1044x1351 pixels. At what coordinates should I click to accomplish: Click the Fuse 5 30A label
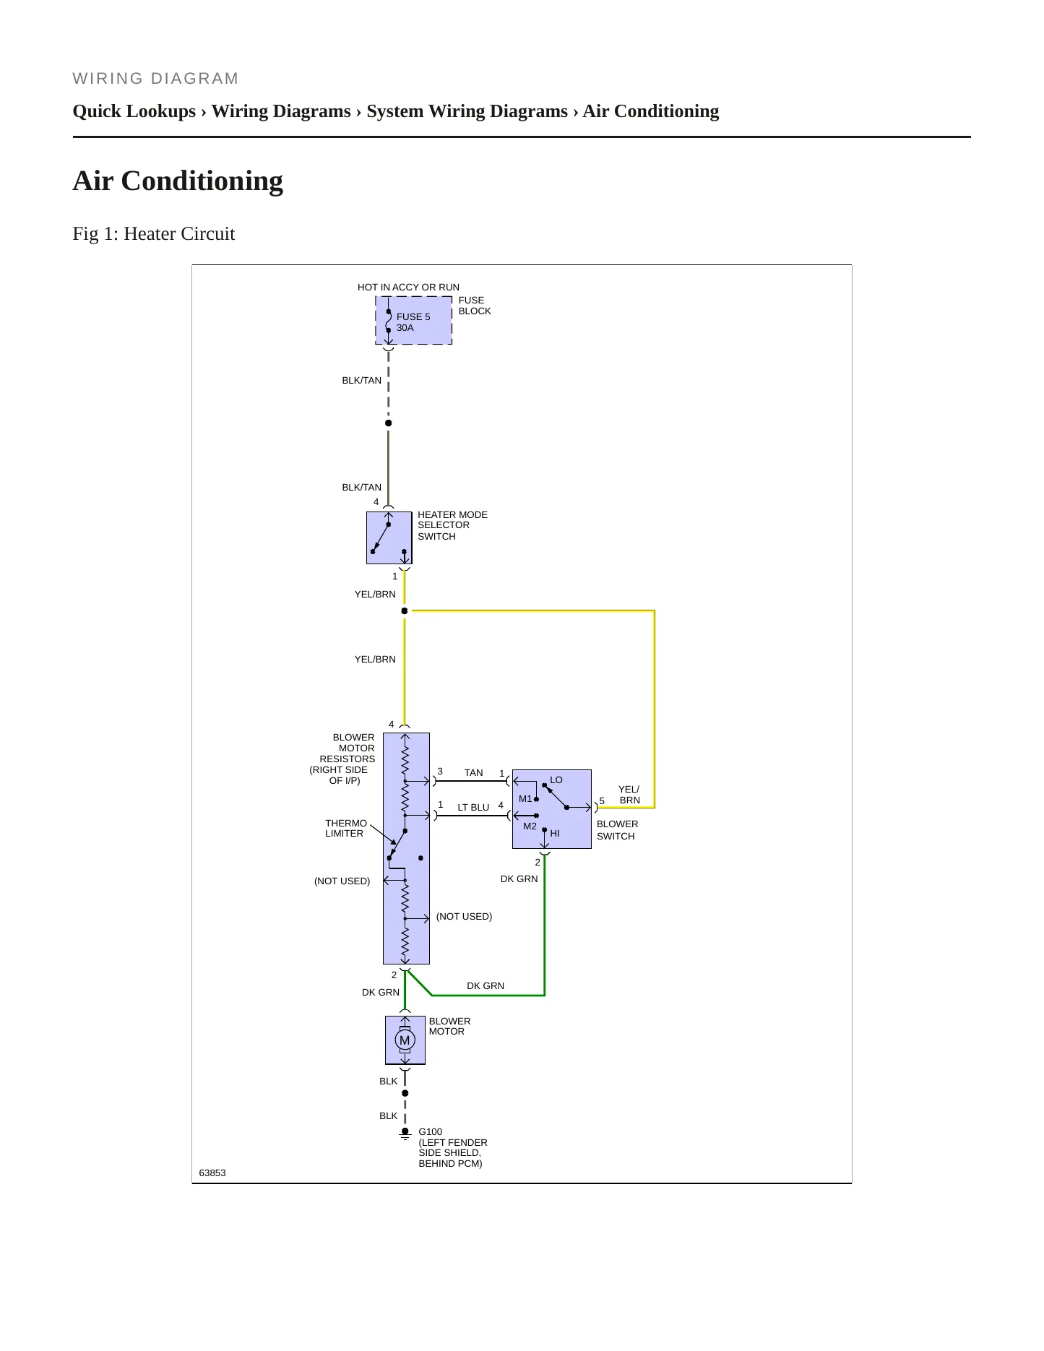pyautogui.click(x=413, y=322)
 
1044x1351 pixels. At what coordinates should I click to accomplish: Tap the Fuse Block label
pyautogui.click(x=475, y=306)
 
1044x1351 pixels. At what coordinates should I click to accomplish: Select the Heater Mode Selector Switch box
pyautogui.click(x=389, y=538)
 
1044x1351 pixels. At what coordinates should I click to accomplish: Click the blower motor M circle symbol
pyautogui.click(x=405, y=1040)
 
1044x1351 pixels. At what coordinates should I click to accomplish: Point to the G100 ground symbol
pyautogui.click(x=405, y=1134)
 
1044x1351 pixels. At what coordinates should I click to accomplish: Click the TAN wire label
pyautogui.click(x=474, y=773)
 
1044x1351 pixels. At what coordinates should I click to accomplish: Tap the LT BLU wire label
pyautogui.click(x=473, y=808)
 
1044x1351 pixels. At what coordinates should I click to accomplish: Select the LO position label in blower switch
pyautogui.click(x=556, y=780)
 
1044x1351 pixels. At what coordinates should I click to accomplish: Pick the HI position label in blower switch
pyautogui.click(x=555, y=834)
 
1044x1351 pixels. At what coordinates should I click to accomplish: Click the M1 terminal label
pyautogui.click(x=525, y=799)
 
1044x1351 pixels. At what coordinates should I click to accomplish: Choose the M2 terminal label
pyautogui.click(x=530, y=826)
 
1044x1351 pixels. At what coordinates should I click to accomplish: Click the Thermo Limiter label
pyautogui.click(x=345, y=829)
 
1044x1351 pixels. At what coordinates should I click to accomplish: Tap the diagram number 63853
pyautogui.click(x=212, y=1173)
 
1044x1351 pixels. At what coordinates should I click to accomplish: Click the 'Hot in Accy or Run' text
pyautogui.click(x=408, y=288)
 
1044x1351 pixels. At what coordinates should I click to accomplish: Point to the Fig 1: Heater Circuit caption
pyautogui.click(x=154, y=234)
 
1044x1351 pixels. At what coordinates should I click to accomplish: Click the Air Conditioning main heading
pyautogui.click(x=178, y=181)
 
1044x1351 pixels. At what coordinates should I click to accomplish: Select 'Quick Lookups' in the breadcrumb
pyautogui.click(x=134, y=111)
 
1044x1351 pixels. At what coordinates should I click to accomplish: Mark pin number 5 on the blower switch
pyautogui.click(x=602, y=801)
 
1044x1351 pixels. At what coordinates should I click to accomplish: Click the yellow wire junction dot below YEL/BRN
pyautogui.click(x=405, y=611)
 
